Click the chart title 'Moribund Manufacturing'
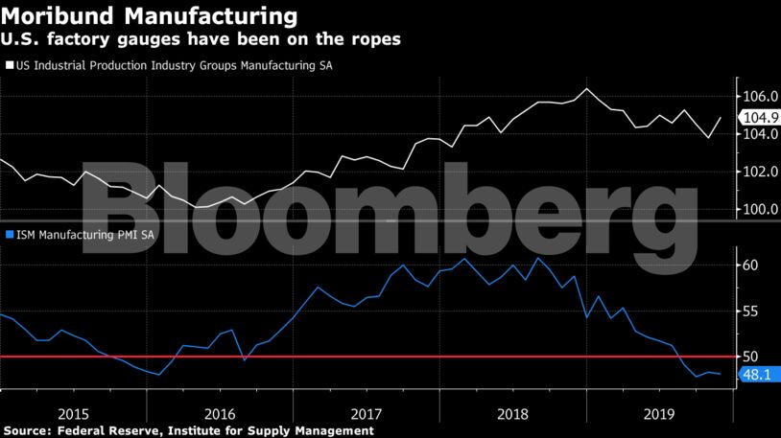tap(150, 16)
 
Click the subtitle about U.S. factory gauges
tap(201, 39)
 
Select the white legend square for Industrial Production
tap(10, 65)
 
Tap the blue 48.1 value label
tap(758, 375)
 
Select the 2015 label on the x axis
tap(74, 413)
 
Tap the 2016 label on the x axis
tap(220, 413)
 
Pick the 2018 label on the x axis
tap(513, 413)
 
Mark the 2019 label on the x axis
tap(660, 413)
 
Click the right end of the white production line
tap(721, 118)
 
